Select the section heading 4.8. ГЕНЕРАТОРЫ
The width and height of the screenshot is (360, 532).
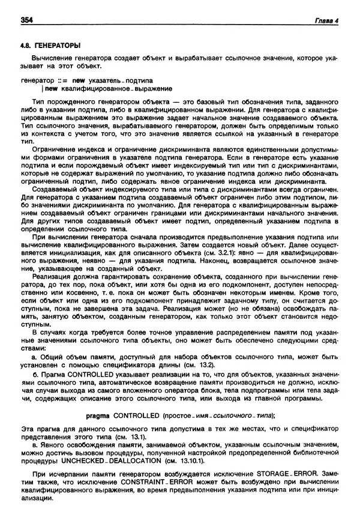[50, 45]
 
